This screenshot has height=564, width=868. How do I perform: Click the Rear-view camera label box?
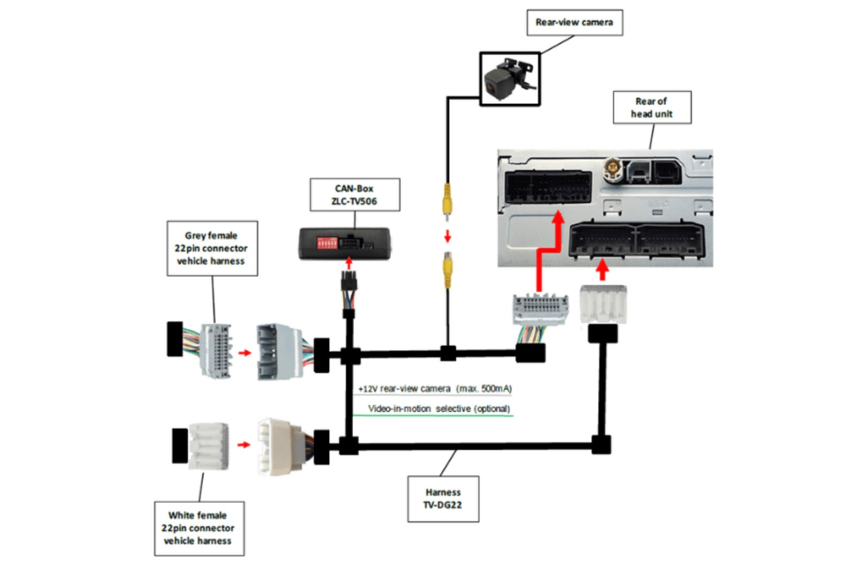pos(574,22)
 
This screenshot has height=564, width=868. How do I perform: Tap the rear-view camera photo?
pos(510,79)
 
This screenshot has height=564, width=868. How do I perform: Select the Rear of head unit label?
pos(651,108)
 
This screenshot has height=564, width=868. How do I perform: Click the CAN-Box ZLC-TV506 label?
pos(354,195)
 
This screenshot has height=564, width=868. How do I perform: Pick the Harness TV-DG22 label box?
pos(443,499)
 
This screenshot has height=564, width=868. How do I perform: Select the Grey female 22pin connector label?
pos(212,248)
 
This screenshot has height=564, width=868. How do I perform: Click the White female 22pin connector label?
pos(198,528)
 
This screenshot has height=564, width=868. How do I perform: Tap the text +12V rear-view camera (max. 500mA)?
pos(434,389)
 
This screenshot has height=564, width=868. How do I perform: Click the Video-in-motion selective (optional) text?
pos(439,409)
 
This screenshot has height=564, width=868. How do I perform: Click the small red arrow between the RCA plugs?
pos(448,236)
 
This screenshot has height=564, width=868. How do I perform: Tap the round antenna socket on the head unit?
pos(612,170)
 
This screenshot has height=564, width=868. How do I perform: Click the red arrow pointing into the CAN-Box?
pos(349,263)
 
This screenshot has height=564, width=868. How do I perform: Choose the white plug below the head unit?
pos(603,304)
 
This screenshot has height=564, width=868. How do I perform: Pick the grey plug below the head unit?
pos(540,310)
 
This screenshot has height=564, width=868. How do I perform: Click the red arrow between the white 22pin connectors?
pos(244,445)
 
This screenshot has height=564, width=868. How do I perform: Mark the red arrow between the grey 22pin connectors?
pos(244,353)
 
